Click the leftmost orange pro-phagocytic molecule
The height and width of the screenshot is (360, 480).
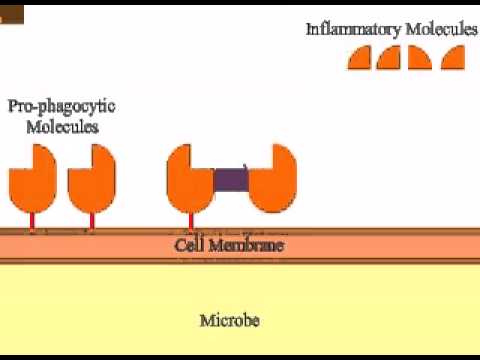(33, 175)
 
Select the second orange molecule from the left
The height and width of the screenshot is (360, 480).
(91, 175)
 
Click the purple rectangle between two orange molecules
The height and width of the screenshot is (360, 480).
(231, 180)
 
